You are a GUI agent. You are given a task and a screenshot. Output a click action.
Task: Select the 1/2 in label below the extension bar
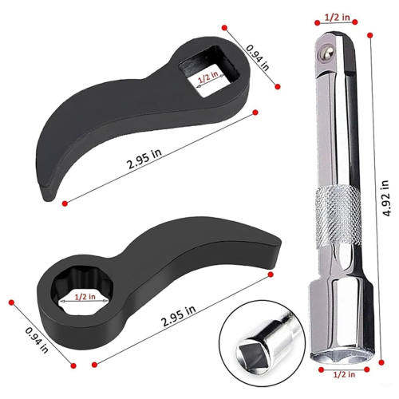[344, 374]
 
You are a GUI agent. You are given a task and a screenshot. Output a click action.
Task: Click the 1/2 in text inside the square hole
[207, 77]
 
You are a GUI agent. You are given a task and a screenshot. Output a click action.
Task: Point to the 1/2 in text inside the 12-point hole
[85, 297]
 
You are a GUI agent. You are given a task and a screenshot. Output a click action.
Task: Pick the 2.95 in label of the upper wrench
[144, 159]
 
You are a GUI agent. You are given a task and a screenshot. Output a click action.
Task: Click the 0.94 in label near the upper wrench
[257, 57]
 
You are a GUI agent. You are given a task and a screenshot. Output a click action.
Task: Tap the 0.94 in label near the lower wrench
[37, 340]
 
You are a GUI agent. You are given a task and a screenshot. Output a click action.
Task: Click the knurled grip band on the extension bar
[338, 216]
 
